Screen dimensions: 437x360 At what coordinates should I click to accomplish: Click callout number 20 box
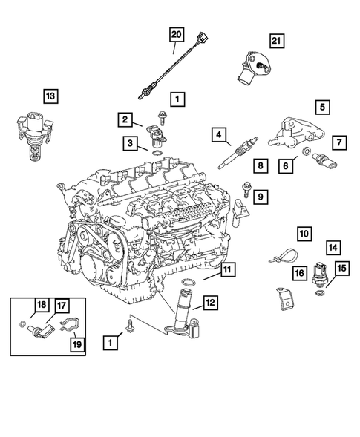(x=176, y=35)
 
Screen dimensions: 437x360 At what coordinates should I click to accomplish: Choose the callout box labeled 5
(x=323, y=108)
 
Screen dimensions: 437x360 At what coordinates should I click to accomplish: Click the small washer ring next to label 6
(x=307, y=154)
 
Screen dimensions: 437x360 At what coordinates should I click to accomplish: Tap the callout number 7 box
(x=338, y=141)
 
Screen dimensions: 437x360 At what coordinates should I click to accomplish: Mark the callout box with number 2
(x=125, y=119)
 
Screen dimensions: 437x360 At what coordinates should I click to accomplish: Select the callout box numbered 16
(x=298, y=273)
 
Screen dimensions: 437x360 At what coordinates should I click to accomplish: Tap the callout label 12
(x=211, y=302)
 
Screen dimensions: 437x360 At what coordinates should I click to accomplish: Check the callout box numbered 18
(x=42, y=304)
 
